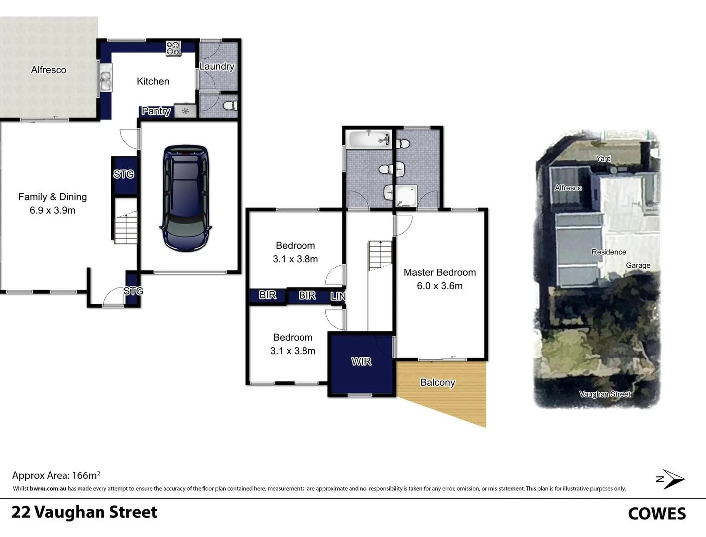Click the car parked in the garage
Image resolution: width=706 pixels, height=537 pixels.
point(186,198)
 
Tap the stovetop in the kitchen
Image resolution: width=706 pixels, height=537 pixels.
point(173,48)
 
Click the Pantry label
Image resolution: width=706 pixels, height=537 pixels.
point(156,111)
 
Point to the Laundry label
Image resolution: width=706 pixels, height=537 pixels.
point(217,66)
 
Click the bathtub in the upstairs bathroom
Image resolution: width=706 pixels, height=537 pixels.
point(368,139)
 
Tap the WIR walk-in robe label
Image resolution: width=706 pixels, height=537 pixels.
point(361,361)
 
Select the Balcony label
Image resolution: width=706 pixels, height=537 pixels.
point(437,382)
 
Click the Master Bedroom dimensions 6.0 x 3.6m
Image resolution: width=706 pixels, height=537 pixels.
point(440,286)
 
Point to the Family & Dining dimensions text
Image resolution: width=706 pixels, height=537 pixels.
point(52,210)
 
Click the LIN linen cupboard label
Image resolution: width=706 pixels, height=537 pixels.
point(338,296)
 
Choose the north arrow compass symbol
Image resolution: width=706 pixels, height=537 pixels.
point(671,479)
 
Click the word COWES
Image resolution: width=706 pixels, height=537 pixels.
point(657,514)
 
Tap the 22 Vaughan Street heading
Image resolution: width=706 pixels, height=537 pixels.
point(84,512)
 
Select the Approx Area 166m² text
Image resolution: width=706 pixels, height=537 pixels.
point(56,475)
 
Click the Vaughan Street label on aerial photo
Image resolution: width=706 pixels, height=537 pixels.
point(605,394)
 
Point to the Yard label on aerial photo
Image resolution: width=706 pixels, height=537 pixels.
point(603,159)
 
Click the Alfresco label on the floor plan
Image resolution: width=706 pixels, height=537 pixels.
point(48,70)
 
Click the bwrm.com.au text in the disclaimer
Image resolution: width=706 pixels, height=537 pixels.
point(48,489)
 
